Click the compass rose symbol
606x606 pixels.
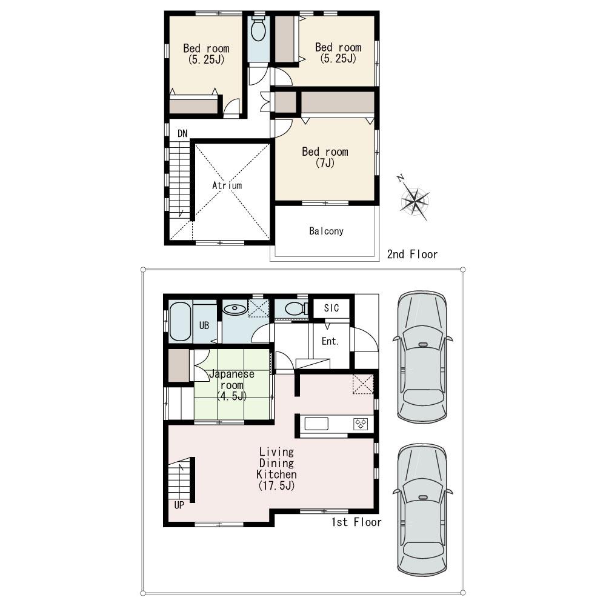point(415,199)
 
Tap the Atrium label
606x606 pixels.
point(227,185)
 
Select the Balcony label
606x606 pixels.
point(326,231)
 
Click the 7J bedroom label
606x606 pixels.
point(325,158)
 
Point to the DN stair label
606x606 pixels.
point(182,133)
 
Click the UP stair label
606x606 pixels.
point(179,504)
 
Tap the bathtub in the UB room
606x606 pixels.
point(180,322)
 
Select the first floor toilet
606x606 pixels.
point(295,309)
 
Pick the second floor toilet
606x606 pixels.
point(259,30)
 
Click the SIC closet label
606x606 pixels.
point(331,308)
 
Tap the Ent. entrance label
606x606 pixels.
point(330,342)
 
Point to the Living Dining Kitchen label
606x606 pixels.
point(276,468)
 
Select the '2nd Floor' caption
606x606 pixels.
point(412,255)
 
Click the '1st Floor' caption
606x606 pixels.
point(356,522)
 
